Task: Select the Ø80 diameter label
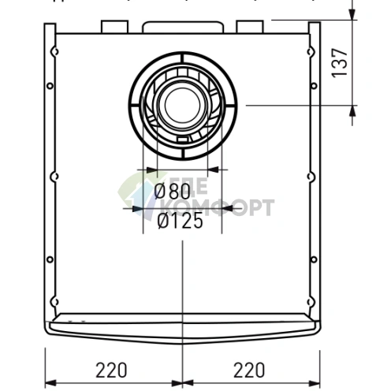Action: coord(173,191)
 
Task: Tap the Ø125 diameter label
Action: coord(179,222)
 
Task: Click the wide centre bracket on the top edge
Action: coord(183,27)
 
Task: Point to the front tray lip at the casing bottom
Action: coord(182,325)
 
